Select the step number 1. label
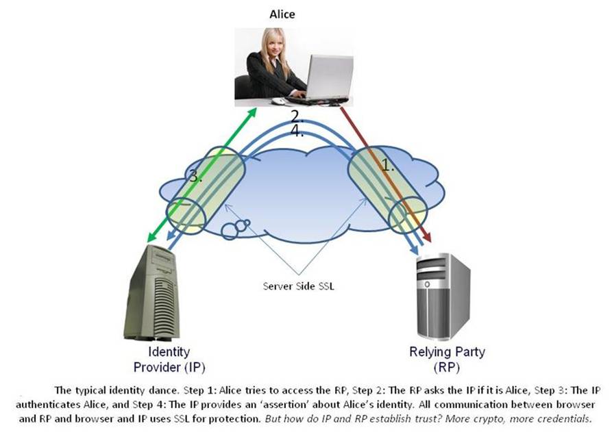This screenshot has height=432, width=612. click(389, 165)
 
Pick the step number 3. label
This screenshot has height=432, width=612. click(196, 177)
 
